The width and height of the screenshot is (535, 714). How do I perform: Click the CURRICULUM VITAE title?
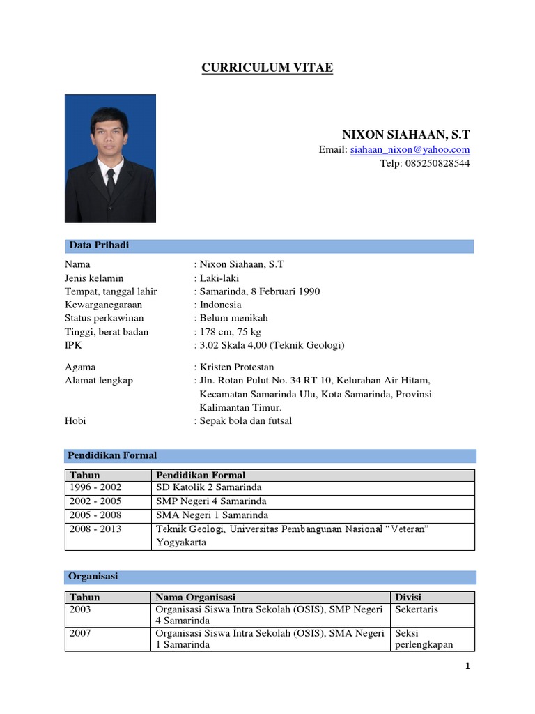267,68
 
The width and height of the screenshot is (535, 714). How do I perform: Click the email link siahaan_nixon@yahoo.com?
410,150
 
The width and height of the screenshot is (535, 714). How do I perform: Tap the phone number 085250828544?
424,164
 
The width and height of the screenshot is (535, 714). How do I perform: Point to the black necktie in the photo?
110,182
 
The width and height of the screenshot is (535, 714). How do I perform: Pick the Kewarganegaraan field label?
103,305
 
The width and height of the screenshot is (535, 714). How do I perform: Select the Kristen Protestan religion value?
237,367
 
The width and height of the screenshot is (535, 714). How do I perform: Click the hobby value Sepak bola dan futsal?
246,421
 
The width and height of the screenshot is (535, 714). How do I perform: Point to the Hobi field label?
75,421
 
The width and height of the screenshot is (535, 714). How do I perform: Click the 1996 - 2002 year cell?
95,488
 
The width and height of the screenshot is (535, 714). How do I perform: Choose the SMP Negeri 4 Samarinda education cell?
211,501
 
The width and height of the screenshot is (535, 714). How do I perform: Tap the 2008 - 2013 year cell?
95,529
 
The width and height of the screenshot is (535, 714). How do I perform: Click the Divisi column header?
408,598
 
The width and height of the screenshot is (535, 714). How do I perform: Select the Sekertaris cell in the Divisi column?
417,609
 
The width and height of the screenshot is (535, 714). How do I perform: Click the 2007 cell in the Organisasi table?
80,633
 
